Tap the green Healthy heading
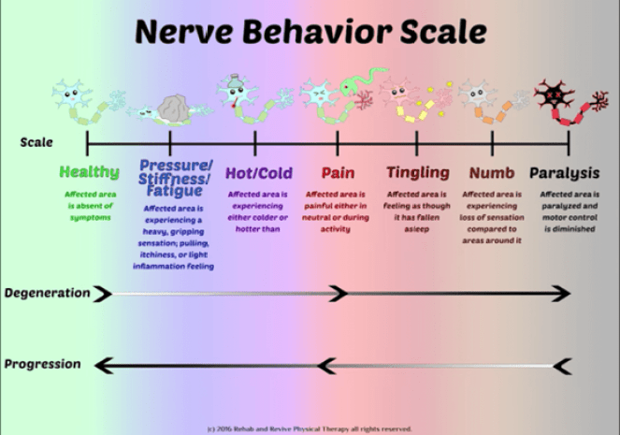(x=90, y=172)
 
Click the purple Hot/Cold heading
(x=258, y=172)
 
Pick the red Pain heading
(x=338, y=172)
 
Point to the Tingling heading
(x=417, y=172)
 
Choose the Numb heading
(x=492, y=172)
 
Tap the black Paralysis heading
(x=566, y=172)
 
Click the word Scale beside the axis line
(x=36, y=143)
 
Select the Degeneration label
(x=47, y=293)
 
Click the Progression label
(x=42, y=364)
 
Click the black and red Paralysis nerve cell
(x=549, y=94)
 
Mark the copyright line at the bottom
(x=310, y=428)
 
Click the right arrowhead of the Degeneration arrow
(x=560, y=294)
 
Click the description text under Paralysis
(x=568, y=211)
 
